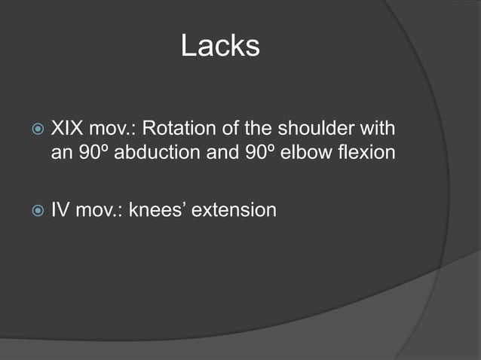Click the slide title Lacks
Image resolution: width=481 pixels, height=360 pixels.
point(220,47)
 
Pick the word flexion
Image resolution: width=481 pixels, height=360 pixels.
point(364,153)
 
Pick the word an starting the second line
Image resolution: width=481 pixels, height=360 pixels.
point(59,153)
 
